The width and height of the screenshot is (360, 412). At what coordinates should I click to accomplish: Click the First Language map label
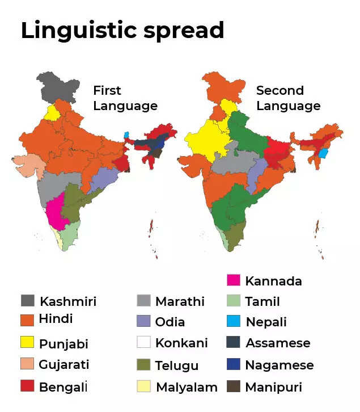click(x=125, y=98)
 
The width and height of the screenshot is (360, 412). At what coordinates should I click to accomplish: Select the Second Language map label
click(x=288, y=98)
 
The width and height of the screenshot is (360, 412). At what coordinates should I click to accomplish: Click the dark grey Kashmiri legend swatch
click(x=27, y=301)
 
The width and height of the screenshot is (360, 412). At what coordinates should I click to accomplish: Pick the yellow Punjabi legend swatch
click(x=27, y=343)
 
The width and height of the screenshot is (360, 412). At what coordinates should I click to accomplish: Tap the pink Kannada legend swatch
click(x=234, y=280)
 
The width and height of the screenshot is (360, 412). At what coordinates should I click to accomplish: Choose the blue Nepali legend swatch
click(x=234, y=322)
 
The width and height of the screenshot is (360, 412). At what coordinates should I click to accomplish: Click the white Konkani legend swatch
click(x=144, y=343)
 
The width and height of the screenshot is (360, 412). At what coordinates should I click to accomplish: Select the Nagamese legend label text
click(x=279, y=365)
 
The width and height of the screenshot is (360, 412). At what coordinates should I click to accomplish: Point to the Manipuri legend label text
click(x=273, y=387)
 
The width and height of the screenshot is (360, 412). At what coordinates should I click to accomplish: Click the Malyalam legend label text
click(x=187, y=387)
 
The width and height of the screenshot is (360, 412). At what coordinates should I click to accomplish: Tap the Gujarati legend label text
click(x=64, y=364)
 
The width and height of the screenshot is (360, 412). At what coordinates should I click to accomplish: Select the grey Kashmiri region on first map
click(x=57, y=88)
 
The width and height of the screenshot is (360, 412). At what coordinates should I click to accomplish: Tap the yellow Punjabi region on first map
click(x=52, y=112)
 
